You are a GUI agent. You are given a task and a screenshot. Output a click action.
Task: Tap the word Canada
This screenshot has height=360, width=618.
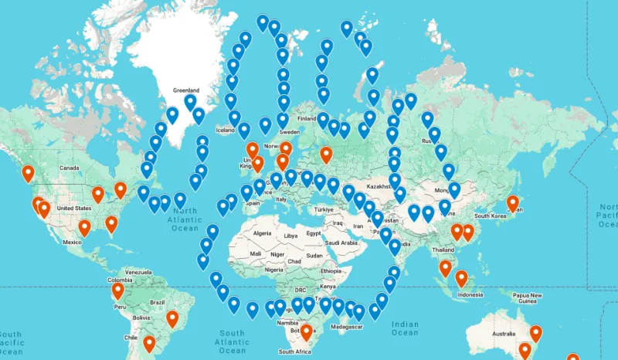[70, 168]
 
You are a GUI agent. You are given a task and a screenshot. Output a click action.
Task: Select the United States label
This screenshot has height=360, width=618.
[74, 208]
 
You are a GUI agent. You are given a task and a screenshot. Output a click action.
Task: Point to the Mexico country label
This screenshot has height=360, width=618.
[72, 242]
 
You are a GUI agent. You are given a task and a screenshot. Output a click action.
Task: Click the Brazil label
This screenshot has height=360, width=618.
[158, 302]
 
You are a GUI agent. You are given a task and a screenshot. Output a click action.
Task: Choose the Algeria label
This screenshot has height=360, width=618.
[263, 233]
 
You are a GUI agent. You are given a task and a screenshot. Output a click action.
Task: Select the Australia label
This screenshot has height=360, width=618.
[504, 334]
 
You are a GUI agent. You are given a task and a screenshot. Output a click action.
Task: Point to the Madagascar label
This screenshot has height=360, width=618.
[348, 327]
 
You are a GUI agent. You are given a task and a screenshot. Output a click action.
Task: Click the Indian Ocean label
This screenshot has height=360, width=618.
[405, 328]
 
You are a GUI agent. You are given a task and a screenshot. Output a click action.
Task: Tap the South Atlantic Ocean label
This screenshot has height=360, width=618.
[231, 341]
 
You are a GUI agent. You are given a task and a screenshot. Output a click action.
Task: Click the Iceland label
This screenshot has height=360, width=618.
[225, 130]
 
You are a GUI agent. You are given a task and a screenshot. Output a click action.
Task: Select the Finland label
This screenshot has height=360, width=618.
[307, 118]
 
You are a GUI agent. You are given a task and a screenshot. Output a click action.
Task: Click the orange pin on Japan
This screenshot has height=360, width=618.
[512, 203]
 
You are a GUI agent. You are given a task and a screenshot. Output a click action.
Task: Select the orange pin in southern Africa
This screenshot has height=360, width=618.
[306, 332]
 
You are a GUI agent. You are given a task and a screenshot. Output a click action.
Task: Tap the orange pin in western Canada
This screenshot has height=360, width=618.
[29, 174]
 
